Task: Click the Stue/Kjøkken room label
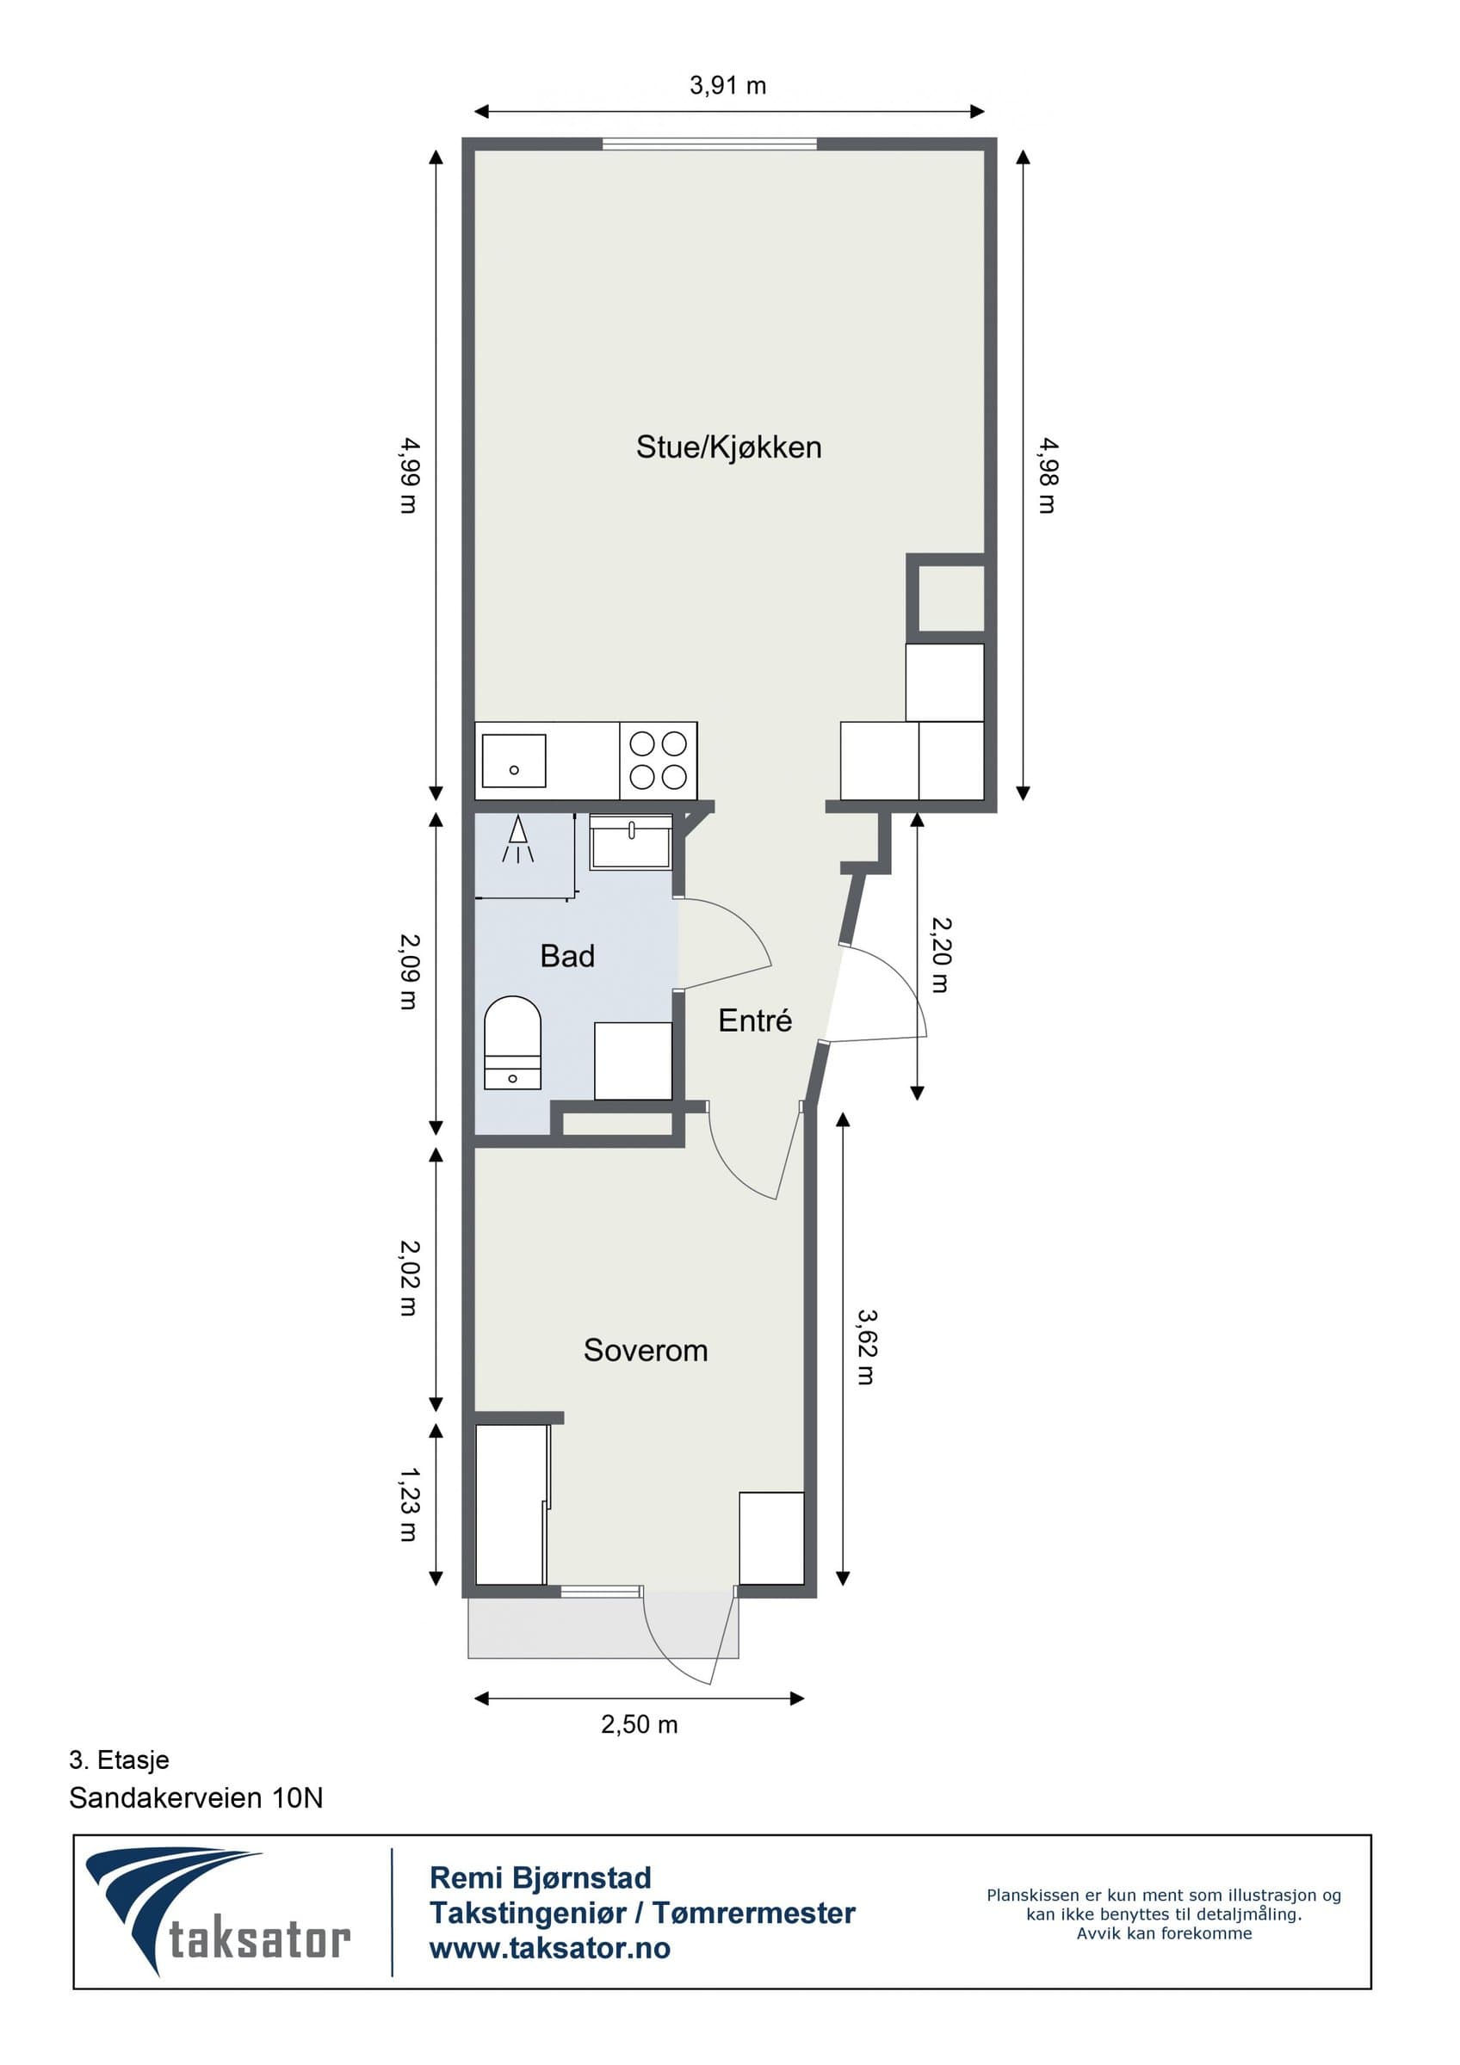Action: (x=728, y=447)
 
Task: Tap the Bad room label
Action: (x=566, y=955)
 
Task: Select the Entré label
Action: (x=755, y=1020)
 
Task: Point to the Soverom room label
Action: (x=645, y=1350)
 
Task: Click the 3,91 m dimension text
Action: (x=727, y=85)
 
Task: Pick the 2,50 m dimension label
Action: (x=639, y=1724)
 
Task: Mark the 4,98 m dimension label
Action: (x=1047, y=476)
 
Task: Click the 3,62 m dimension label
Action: (x=865, y=1347)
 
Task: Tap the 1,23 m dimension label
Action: (x=409, y=1505)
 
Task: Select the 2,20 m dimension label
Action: (x=940, y=954)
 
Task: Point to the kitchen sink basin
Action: (x=514, y=761)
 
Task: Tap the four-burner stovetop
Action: (x=659, y=761)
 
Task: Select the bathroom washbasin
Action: (x=631, y=841)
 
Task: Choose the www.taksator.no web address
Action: (x=549, y=1948)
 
